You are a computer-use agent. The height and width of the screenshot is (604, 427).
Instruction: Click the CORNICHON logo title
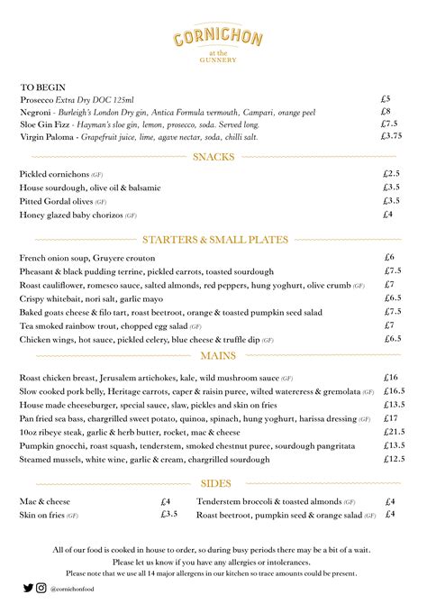click(x=213, y=38)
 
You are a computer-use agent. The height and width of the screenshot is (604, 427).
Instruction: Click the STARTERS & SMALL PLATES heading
click(x=214, y=240)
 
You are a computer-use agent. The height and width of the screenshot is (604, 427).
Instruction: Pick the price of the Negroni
click(x=385, y=112)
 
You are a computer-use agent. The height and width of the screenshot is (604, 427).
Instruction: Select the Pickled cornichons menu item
click(x=54, y=174)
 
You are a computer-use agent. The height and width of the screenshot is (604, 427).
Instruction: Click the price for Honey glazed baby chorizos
click(x=387, y=215)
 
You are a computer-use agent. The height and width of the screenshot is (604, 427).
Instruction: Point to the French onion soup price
click(x=389, y=258)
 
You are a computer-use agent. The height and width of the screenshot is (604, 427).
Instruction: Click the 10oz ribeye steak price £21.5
click(x=393, y=432)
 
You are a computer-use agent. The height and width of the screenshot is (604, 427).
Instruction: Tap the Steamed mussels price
click(x=393, y=459)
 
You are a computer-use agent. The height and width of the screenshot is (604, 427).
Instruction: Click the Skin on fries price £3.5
click(x=169, y=514)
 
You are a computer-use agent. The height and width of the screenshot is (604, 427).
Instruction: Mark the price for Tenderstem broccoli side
click(x=390, y=501)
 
